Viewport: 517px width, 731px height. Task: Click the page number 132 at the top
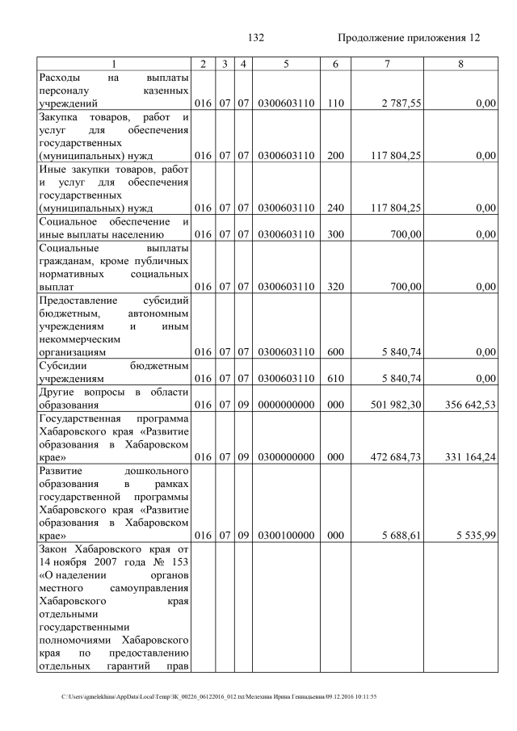pyautogui.click(x=256, y=38)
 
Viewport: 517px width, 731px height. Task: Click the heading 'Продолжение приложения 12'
pyautogui.click(x=408, y=38)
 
